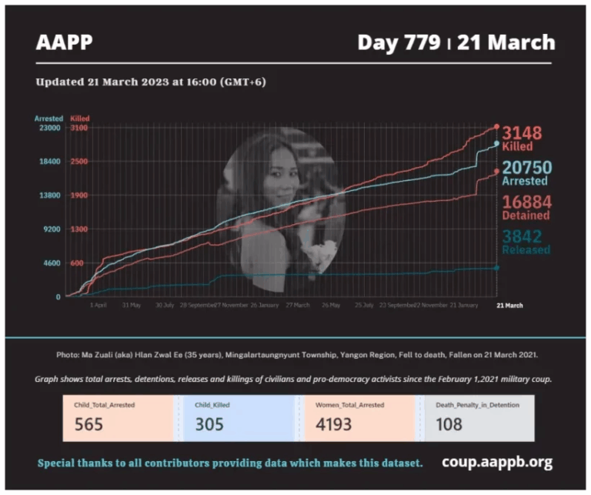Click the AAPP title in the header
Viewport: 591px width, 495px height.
coord(64,42)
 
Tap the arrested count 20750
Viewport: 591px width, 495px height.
coord(527,168)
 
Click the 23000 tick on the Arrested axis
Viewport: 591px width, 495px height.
coord(48,129)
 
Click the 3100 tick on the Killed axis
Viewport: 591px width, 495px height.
coord(79,129)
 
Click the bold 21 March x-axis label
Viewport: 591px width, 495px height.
coord(509,306)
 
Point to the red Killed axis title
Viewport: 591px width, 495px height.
coord(80,119)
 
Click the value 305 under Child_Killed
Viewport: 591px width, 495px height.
coord(210,424)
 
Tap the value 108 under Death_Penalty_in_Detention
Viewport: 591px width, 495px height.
coord(449,424)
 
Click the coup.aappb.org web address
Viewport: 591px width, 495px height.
coord(497,463)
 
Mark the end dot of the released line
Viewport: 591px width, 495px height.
coord(496,268)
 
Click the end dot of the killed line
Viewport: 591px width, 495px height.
coord(496,126)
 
